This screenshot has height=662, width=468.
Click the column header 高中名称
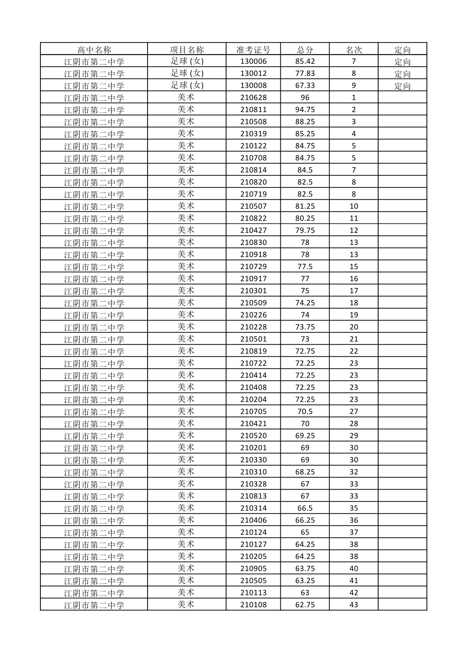(94, 49)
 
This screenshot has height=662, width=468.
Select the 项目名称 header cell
(187, 49)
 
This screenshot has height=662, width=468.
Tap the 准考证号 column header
(253, 49)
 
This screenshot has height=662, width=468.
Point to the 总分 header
(305, 49)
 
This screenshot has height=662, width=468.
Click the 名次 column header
(354, 49)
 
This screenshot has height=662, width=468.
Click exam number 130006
(253, 62)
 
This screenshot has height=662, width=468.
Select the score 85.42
(305, 62)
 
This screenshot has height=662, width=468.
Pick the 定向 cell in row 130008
(402, 86)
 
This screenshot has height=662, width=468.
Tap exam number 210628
(253, 98)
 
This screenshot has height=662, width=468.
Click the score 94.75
(305, 110)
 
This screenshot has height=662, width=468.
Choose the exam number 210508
(253, 122)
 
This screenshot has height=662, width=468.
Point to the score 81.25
(305, 206)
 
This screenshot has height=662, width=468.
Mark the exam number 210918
(253, 255)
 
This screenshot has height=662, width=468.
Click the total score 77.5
(305, 267)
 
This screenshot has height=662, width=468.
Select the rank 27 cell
(354, 412)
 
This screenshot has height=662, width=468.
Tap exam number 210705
(253, 412)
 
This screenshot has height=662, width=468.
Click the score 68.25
(305, 472)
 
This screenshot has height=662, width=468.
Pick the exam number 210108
(253, 605)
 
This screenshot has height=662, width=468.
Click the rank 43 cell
(354, 605)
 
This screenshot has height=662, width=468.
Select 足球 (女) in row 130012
(187, 73)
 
